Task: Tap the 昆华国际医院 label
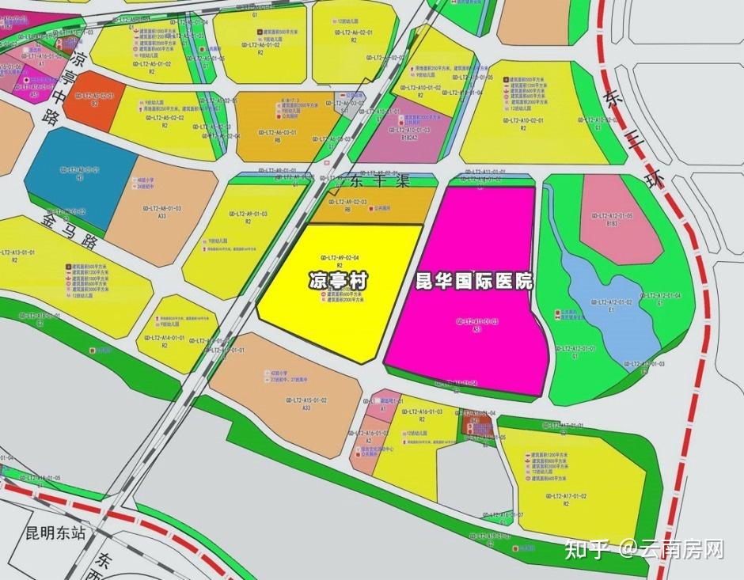(x=474, y=281)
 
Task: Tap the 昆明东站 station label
(x=55, y=533)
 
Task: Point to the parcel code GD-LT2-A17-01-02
(x=565, y=496)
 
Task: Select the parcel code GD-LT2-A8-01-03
(x=162, y=208)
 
